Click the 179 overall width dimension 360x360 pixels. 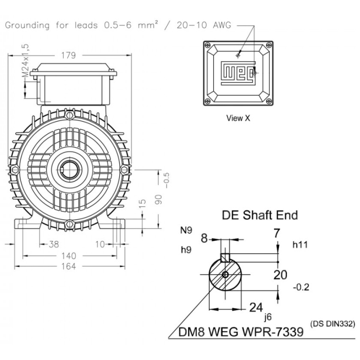(x=68, y=56)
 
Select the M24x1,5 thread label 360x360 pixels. (x=26, y=60)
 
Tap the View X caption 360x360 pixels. (x=238, y=118)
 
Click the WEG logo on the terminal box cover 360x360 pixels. (x=238, y=73)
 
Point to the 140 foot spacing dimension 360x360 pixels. (x=68, y=256)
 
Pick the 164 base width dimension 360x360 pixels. (x=68, y=266)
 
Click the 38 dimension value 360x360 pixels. (x=53, y=244)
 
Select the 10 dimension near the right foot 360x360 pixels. (x=100, y=244)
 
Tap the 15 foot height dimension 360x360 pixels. (x=142, y=204)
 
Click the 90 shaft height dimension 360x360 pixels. (x=158, y=200)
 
